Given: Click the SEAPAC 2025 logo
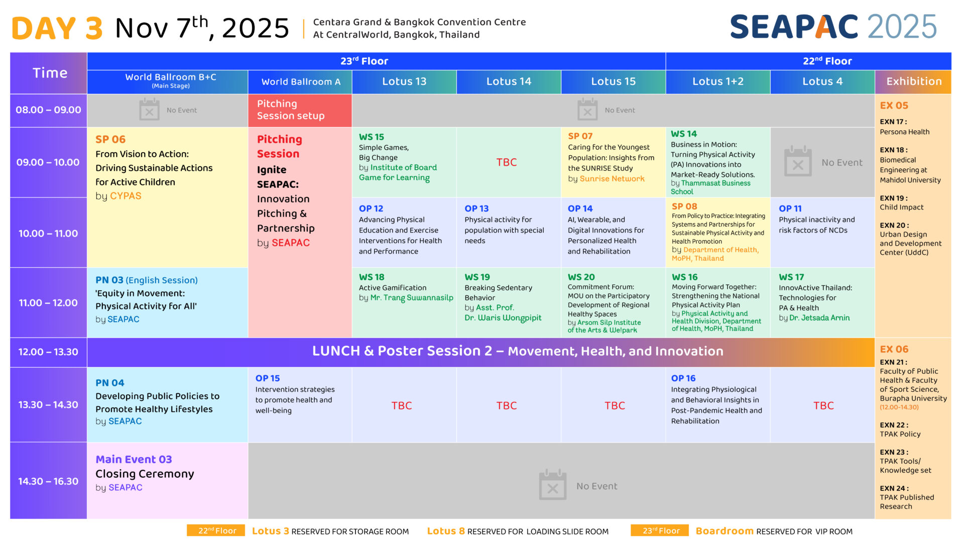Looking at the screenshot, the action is [833, 27].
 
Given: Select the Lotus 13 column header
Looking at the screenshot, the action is [404, 81].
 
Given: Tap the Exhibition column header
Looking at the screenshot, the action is [913, 81].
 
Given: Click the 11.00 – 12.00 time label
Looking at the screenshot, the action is [48, 303].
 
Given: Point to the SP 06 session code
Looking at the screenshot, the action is [110, 139].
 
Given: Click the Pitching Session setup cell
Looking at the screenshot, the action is [300, 110].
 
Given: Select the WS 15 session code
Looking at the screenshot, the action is [372, 137].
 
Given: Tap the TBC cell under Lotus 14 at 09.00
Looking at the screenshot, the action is [507, 162].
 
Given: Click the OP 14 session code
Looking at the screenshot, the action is [580, 208].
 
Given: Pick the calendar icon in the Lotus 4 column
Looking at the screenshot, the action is [798, 161].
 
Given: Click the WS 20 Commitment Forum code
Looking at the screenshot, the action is [581, 277].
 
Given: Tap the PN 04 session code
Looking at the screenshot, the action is [110, 383].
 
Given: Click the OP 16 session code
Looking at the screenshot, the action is [683, 378].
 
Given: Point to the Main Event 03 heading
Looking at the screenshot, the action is [134, 459].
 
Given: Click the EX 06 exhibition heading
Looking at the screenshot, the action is [894, 349].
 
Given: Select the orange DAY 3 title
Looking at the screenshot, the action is [57, 28].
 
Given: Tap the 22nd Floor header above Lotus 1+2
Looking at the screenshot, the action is [827, 61].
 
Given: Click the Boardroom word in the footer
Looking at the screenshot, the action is [725, 531].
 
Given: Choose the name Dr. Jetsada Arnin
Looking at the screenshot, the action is [819, 317].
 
